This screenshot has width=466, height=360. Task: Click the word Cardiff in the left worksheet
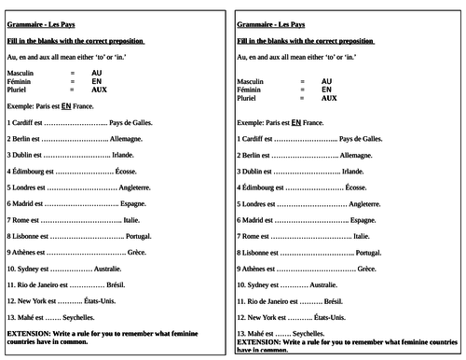pyautogui.click(x=24, y=122)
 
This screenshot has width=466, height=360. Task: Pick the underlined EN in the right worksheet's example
pyautogui.click(x=296, y=122)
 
